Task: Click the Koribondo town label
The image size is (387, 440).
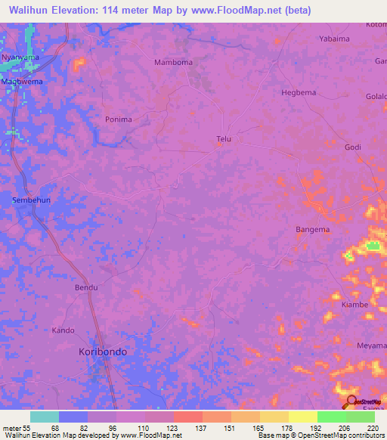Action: point(103,352)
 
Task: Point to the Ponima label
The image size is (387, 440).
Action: point(119,119)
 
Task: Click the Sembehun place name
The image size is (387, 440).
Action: point(32,200)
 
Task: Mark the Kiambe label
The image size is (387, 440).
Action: point(354,305)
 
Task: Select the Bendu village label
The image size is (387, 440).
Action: point(86,288)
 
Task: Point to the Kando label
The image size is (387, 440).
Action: point(63,330)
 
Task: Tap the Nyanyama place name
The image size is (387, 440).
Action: point(20,57)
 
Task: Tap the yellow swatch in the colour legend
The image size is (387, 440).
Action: point(302,417)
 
